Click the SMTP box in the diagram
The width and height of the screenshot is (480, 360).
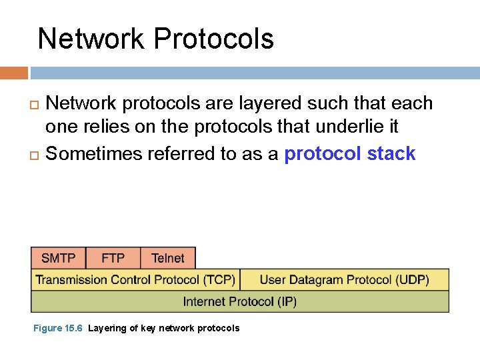point(59,258)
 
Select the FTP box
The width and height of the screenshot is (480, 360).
point(113,258)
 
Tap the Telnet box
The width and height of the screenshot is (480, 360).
point(168,258)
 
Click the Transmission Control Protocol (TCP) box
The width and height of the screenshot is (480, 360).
point(135,280)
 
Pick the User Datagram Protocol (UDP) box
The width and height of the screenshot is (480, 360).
point(345,280)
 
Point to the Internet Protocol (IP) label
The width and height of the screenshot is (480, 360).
point(240,302)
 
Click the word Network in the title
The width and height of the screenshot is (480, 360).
point(91,39)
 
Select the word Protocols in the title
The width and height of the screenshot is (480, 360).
point(214,39)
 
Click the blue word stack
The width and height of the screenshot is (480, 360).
point(391,153)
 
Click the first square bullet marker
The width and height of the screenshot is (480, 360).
point(34,105)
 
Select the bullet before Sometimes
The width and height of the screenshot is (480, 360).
point(34,155)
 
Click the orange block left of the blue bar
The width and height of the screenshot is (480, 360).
point(14,73)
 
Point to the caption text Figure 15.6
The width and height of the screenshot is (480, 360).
point(58,328)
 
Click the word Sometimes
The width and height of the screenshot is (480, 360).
point(94,153)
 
